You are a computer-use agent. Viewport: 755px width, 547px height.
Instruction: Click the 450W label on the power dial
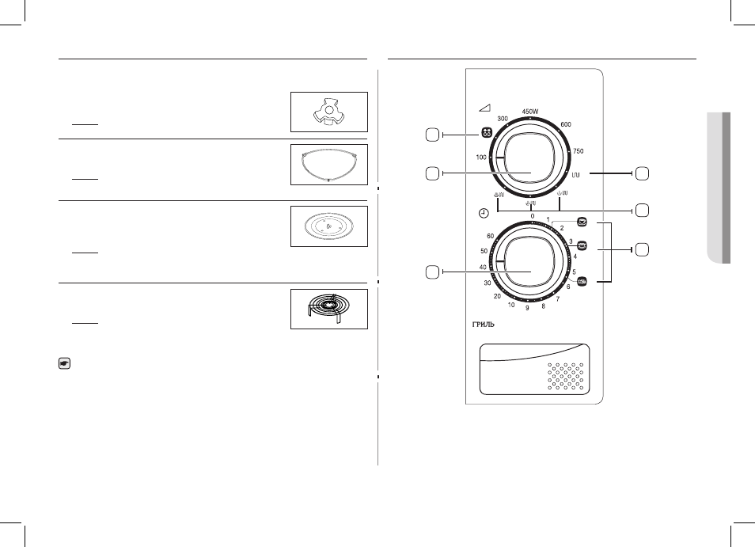[x=530, y=112]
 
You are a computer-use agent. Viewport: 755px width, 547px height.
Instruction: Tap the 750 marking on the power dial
[x=579, y=151]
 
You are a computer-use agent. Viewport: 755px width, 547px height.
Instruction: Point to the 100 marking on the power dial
[x=481, y=158]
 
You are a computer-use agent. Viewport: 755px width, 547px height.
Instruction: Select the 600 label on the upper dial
[x=566, y=124]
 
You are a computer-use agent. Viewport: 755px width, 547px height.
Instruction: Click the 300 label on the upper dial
[x=503, y=119]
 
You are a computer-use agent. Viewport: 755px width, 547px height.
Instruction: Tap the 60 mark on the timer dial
[x=490, y=237]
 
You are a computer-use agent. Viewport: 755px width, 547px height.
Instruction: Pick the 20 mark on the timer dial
[x=497, y=297]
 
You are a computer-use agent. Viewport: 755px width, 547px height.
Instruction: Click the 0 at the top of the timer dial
[x=532, y=217]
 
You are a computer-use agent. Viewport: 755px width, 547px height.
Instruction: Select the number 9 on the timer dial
[x=527, y=308]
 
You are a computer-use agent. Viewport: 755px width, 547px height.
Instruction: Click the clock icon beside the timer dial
[x=484, y=213]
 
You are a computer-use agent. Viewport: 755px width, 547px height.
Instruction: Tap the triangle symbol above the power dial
[x=484, y=108]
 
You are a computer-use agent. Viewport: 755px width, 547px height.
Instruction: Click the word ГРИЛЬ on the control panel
[x=483, y=325]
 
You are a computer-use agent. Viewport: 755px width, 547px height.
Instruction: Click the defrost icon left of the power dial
[x=487, y=133]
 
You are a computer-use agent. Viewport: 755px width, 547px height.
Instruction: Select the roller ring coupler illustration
[x=328, y=112]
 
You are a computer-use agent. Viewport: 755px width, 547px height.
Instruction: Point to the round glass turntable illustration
[x=328, y=226]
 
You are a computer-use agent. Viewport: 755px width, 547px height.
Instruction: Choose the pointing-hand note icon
[x=65, y=363]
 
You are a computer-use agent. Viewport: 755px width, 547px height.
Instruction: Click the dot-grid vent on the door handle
[x=565, y=377]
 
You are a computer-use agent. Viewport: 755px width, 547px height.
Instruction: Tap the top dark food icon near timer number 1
[x=582, y=222]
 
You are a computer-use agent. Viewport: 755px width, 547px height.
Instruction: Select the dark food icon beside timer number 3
[x=582, y=245]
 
